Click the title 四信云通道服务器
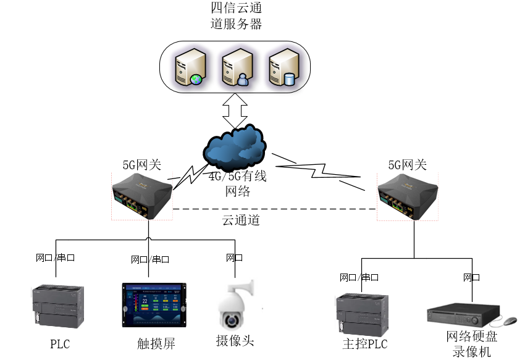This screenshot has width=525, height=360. point(236,17)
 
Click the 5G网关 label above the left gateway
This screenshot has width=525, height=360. point(141,165)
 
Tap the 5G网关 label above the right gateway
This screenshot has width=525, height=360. point(408,165)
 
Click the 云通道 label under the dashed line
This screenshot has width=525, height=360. point(240,220)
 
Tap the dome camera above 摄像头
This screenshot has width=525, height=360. point(236,308)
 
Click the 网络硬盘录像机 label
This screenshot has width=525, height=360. point(471,344)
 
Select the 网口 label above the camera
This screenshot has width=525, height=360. point(234,258)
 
